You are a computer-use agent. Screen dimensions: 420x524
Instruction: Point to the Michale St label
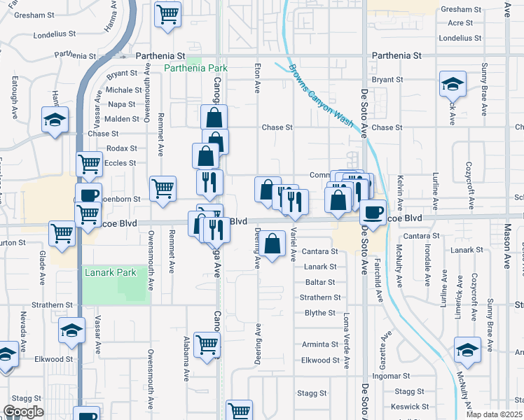tap(124, 90)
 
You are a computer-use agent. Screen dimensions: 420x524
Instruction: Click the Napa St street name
tap(122, 104)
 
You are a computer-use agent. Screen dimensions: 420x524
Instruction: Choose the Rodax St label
tap(121, 148)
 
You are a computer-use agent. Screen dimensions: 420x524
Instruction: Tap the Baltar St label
tap(320, 283)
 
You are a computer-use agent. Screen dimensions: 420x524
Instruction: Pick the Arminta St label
tap(320, 344)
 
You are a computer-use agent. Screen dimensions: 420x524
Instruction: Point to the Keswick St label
tap(410, 406)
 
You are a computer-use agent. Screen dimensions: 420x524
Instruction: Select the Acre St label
tap(460, 23)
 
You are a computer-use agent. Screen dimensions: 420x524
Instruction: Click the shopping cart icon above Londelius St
tap(168, 14)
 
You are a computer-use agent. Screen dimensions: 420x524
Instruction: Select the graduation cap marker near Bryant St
tap(453, 85)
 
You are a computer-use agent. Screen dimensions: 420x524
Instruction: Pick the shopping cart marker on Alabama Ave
tap(207, 344)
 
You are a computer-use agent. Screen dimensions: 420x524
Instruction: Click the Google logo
tap(23, 412)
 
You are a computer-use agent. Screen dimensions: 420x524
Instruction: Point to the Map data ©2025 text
tap(494, 414)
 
